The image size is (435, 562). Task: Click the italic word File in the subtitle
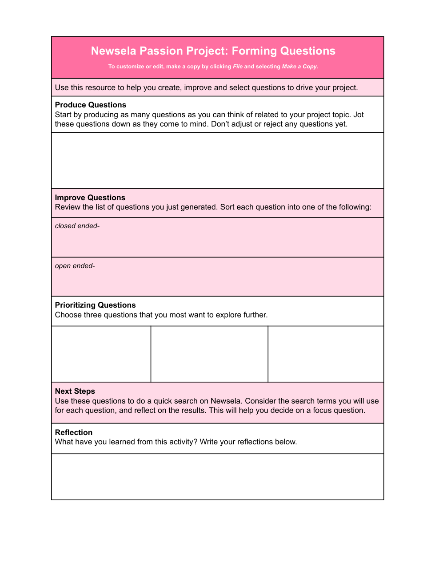(238, 67)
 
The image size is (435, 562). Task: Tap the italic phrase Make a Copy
(299, 67)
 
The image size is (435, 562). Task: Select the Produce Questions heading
(91, 105)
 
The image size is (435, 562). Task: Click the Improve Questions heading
(90, 198)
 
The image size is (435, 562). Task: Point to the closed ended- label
(77, 226)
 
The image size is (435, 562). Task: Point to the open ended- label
(75, 266)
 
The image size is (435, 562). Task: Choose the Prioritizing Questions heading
(96, 305)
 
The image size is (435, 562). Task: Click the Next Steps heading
(75, 391)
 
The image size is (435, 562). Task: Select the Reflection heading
(74, 432)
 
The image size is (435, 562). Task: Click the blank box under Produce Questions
(217, 160)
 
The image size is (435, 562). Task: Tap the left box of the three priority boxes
(101, 354)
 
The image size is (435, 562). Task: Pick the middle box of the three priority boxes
(209, 354)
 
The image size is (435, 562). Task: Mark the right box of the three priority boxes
(326, 354)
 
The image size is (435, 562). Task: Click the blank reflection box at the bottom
(217, 476)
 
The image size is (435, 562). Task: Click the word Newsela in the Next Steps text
(226, 401)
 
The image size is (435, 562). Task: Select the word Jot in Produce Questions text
(359, 115)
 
